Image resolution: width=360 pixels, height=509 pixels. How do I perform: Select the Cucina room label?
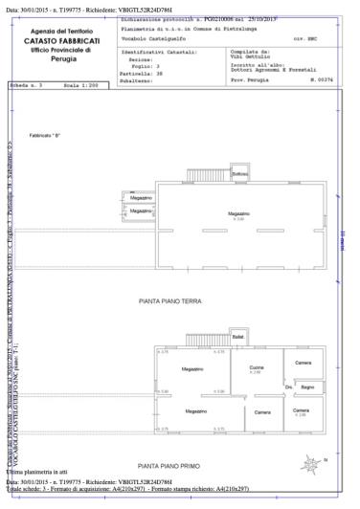pyautogui.click(x=256, y=368)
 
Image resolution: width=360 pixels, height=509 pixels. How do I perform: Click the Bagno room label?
pyautogui.click(x=306, y=386)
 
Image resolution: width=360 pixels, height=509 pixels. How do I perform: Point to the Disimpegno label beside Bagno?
pyautogui.click(x=288, y=386)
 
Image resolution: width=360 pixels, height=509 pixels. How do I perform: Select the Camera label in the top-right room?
pyautogui.click(x=303, y=363)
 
